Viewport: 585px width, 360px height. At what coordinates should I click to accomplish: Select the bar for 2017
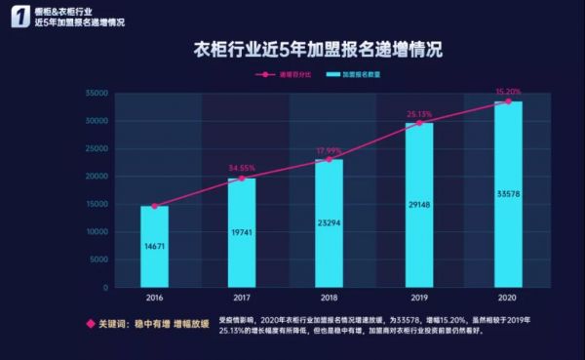point(241,233)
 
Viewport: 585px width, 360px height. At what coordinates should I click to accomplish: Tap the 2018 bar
point(330,223)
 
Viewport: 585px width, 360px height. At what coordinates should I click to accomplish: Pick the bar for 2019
point(419,206)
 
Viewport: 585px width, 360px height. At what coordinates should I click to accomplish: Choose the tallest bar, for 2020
point(508,194)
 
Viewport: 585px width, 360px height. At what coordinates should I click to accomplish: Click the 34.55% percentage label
point(243,168)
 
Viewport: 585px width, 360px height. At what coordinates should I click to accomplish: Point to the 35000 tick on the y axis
point(94,94)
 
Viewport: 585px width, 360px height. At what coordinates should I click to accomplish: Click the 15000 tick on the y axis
point(94,205)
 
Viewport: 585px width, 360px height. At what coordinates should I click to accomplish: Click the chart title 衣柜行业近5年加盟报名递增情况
point(320,47)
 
